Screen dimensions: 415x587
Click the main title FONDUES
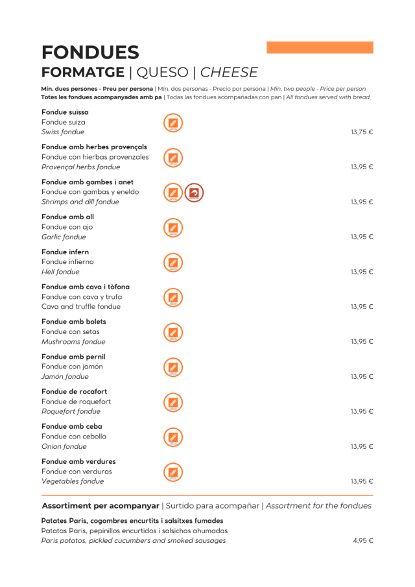(x=90, y=53)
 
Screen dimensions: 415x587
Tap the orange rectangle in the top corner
(x=320, y=47)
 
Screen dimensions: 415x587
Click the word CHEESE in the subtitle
(x=229, y=73)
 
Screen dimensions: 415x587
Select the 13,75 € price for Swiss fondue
(x=362, y=132)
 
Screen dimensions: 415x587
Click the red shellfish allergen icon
(x=194, y=193)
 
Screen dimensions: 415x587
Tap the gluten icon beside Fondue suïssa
(x=172, y=123)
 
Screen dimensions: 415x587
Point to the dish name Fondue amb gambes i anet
(x=88, y=182)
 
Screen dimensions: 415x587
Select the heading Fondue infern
(x=65, y=252)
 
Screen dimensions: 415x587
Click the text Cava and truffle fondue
(x=81, y=307)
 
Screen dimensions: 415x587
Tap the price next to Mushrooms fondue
(x=362, y=342)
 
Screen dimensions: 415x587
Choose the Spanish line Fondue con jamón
(x=72, y=366)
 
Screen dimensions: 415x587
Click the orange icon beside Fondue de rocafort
(x=172, y=402)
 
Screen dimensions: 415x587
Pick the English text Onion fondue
(x=64, y=447)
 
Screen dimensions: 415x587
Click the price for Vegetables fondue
(x=362, y=482)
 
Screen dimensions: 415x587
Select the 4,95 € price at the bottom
(x=363, y=541)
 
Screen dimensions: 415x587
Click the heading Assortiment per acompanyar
(x=101, y=506)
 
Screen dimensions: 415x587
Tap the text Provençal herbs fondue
(x=80, y=167)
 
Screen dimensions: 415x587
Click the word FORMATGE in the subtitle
(x=82, y=73)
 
